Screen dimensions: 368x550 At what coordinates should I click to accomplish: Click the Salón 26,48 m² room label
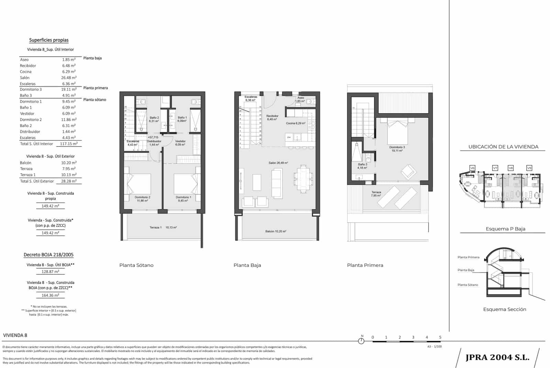(278, 163)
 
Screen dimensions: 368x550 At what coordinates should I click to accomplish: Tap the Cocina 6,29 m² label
(296, 123)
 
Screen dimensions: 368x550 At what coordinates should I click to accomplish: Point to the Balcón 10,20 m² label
(276, 231)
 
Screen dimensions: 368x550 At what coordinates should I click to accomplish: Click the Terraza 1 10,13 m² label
(163, 227)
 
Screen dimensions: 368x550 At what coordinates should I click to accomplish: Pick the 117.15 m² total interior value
(69, 144)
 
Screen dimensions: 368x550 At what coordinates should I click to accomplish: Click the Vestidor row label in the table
(27, 113)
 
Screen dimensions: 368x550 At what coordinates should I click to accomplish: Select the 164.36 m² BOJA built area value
(51, 295)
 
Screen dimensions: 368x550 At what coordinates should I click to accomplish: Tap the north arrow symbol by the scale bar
(361, 341)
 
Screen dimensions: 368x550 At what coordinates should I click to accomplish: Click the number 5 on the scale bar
(440, 337)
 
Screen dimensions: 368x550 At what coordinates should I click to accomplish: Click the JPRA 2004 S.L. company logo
(497, 357)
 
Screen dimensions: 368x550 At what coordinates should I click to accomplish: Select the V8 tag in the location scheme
(511, 168)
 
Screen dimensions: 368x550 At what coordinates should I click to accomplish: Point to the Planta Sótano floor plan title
(136, 265)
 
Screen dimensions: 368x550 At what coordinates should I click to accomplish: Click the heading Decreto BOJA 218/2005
(48, 255)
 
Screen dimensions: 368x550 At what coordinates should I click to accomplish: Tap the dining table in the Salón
(303, 178)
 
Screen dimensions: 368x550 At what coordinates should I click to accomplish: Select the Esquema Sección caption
(505, 309)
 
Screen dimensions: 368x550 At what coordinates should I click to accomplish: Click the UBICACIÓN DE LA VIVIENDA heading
(503, 147)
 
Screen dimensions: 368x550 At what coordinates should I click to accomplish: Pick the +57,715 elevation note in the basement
(153, 137)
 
